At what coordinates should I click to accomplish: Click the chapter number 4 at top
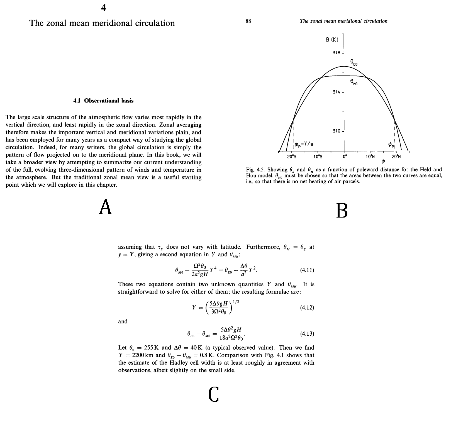point(103,8)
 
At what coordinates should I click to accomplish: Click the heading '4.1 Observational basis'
point(103,101)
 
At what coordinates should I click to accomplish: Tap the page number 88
point(248,21)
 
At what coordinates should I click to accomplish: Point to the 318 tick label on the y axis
point(337,53)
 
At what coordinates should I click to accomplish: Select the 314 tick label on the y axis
point(337,92)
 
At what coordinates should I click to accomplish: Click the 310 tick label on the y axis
point(337,131)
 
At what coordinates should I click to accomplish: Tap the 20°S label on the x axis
point(292,157)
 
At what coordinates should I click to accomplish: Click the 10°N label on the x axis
point(370,157)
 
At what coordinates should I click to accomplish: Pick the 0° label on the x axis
point(345,157)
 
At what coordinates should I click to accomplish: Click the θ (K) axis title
point(332,40)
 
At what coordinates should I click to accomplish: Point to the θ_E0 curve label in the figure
point(354,62)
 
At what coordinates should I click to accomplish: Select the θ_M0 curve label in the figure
point(354,82)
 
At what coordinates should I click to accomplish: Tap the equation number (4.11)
point(307,270)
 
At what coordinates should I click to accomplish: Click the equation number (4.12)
point(307,308)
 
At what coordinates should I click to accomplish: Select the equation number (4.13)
point(307,333)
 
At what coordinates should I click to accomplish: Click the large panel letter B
point(342,210)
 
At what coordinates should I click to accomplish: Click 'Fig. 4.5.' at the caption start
point(255,170)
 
